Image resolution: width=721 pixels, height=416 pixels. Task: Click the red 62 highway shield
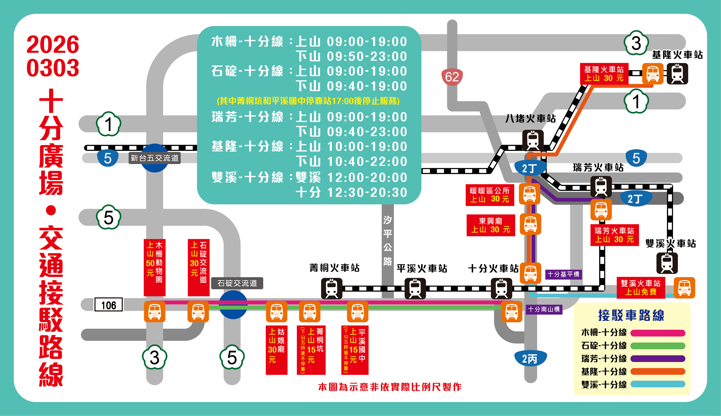click(x=452, y=77)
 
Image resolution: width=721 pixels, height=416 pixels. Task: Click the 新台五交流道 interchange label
click(x=155, y=158)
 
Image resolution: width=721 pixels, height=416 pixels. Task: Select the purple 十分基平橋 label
click(x=563, y=274)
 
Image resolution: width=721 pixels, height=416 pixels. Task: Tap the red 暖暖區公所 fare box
click(x=490, y=195)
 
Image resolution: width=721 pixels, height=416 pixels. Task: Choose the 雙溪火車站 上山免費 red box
click(x=641, y=287)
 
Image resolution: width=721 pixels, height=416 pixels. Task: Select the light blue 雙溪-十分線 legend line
click(x=658, y=384)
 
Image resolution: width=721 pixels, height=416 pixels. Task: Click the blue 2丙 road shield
click(x=530, y=359)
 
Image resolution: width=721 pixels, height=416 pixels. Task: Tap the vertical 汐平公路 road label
click(x=387, y=241)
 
